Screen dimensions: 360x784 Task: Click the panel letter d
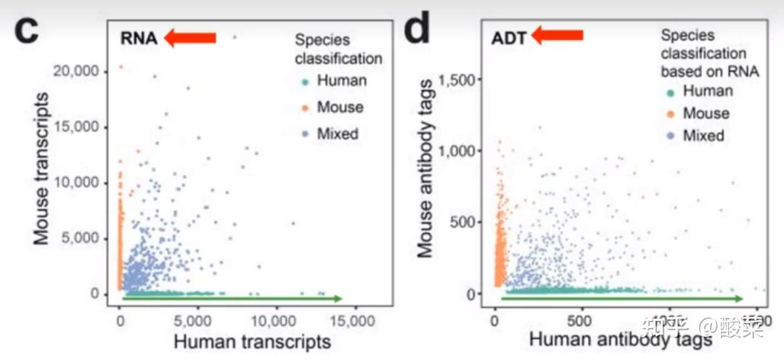(418, 33)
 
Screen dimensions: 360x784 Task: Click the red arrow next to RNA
(190, 38)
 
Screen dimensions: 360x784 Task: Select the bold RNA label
(139, 38)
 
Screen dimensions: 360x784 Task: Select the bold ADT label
(509, 37)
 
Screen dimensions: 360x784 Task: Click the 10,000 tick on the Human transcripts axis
(274, 319)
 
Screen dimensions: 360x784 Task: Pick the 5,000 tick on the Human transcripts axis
(197, 319)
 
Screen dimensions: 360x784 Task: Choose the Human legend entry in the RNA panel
(341, 81)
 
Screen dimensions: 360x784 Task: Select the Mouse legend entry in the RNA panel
(340, 107)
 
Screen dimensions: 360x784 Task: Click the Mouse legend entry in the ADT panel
(706, 113)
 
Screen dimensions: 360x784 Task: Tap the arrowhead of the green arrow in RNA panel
(338, 298)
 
